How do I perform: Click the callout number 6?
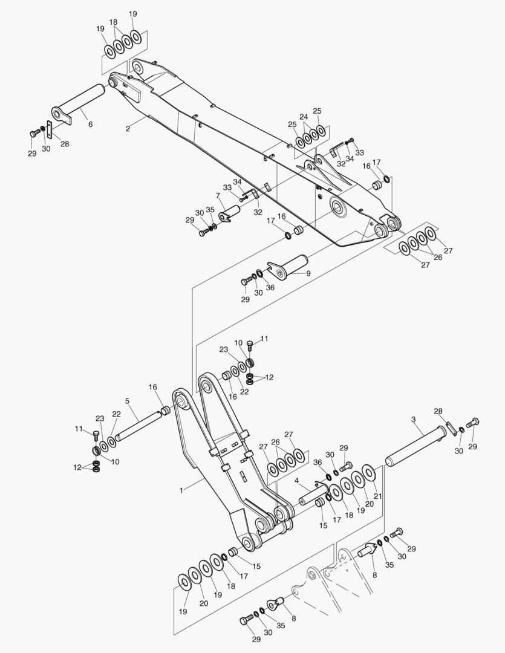point(91,124)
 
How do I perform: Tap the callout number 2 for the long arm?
point(128,129)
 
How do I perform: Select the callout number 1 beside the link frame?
point(181,490)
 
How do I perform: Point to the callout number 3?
point(413,420)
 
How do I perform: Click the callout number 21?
point(378,496)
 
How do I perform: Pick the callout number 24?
point(304,117)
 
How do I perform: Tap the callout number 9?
point(308,274)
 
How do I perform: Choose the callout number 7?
point(218,195)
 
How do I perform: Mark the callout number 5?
point(127,401)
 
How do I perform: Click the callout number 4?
point(297,481)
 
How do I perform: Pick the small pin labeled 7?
point(229,213)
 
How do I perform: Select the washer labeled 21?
point(368,472)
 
